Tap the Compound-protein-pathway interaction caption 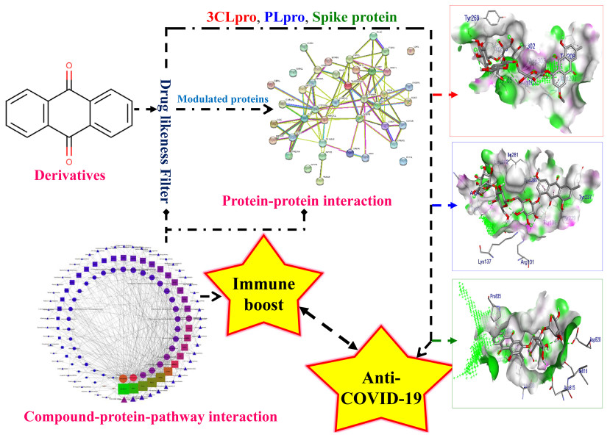click(150, 417)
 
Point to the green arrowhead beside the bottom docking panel click(439, 340)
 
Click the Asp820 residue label click(595, 341)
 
